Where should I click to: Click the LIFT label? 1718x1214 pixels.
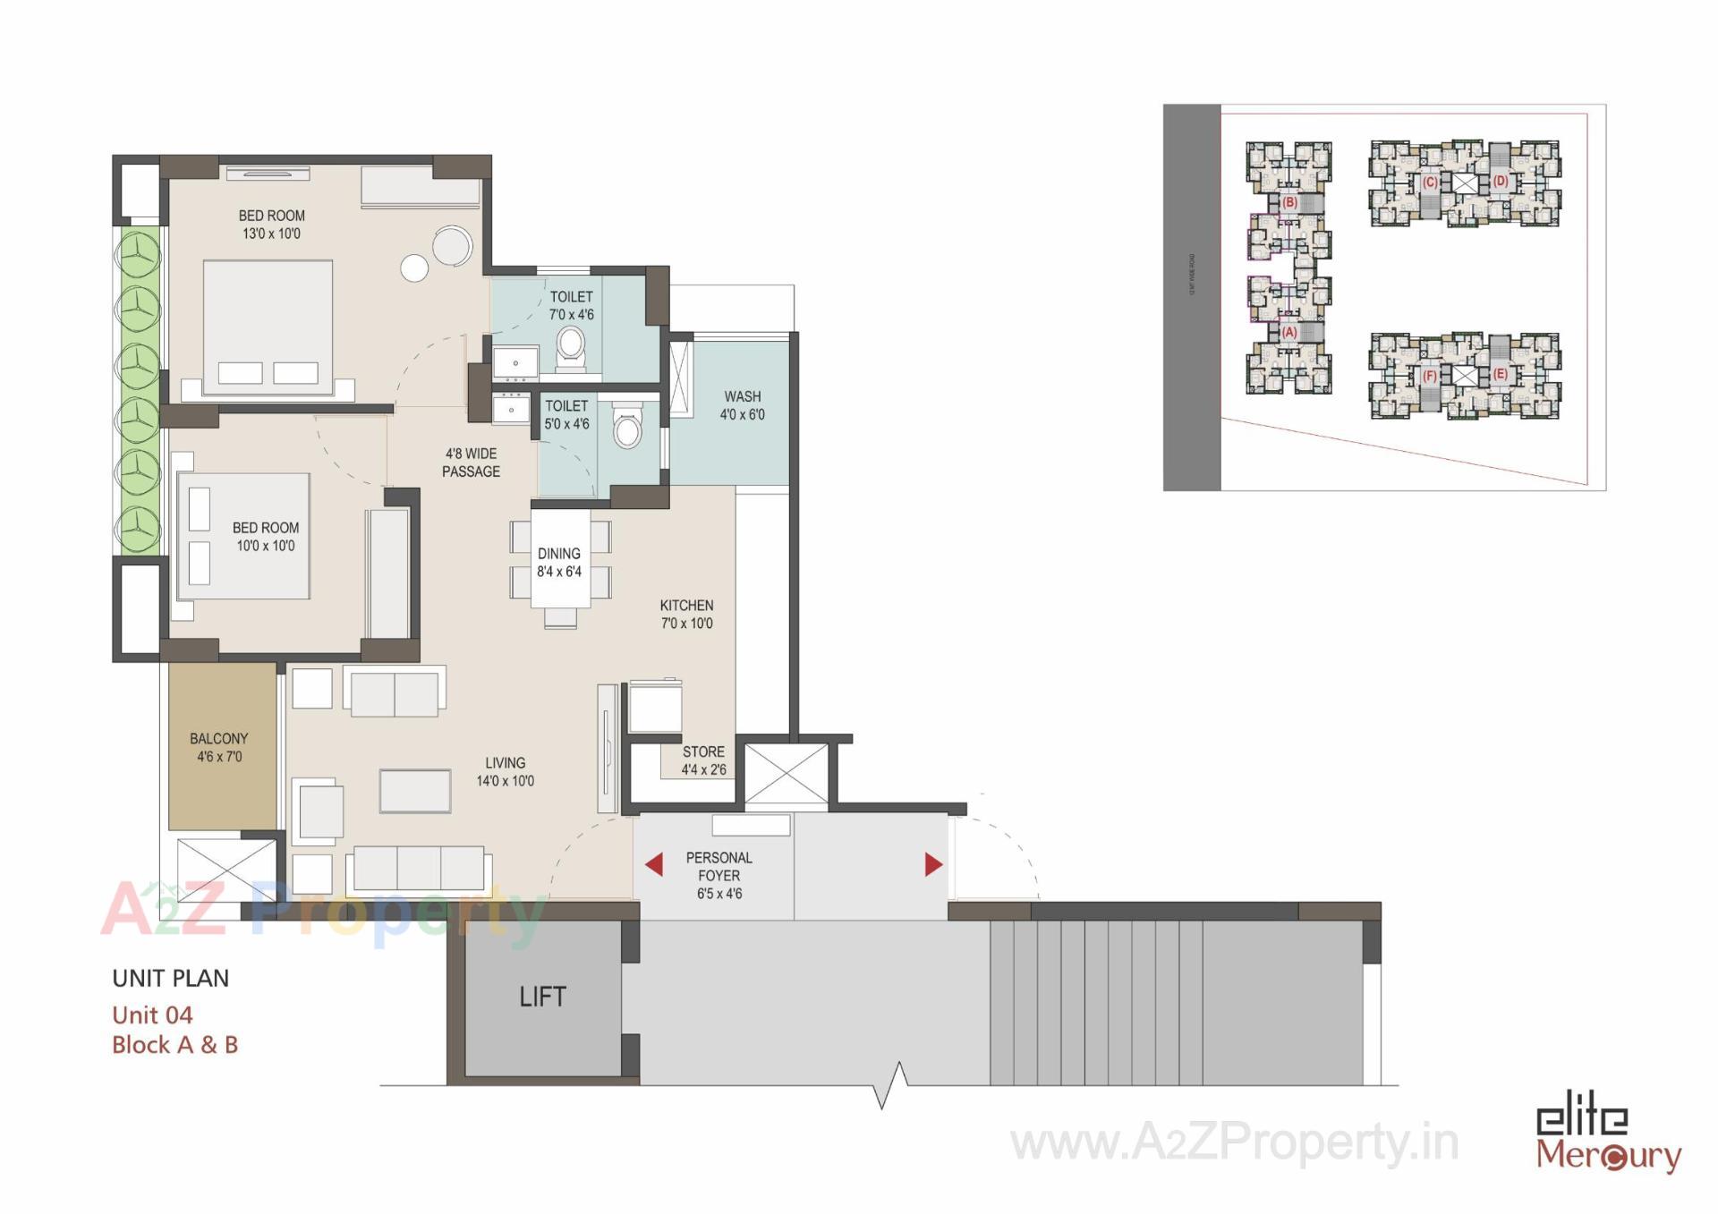coord(542,997)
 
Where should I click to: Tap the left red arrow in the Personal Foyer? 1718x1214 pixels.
coord(654,864)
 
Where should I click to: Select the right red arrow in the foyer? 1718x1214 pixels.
coord(933,864)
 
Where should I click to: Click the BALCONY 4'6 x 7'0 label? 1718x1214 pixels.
coord(219,748)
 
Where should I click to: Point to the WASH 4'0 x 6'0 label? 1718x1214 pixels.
coord(743,405)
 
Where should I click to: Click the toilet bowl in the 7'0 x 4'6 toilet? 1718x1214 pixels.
coord(570,344)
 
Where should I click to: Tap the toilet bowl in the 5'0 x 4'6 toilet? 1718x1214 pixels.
coord(627,429)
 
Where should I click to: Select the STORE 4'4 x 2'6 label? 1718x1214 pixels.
coord(703,760)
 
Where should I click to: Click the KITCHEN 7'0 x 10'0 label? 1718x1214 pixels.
coord(686,615)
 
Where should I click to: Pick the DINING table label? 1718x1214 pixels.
coord(559,563)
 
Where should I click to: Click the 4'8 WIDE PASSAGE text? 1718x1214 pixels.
coord(471,463)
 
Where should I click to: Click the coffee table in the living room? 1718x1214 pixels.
coord(415,791)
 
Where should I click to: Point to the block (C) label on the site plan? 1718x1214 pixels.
coord(1429,183)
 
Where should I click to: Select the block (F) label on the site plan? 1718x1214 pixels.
coord(1429,376)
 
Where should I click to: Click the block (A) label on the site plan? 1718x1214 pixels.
coord(1289,332)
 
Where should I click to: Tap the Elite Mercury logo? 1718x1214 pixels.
coord(1608,1139)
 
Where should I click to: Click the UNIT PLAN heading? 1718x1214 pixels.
coord(171,979)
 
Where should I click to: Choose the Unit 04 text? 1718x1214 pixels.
coord(152,1015)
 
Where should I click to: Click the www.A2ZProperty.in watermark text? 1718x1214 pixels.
coord(1234,1142)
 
